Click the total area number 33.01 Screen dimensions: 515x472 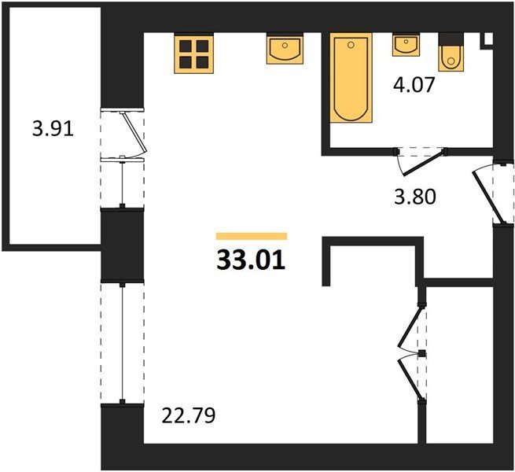coord(251,260)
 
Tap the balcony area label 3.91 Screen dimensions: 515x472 coord(53,128)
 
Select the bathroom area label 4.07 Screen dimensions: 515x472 coord(414,85)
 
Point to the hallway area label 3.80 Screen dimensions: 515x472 coord(415,197)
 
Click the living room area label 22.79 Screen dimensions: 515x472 coord(189,415)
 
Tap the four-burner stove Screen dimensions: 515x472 coord(194,53)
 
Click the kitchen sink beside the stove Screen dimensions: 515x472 coord(285,49)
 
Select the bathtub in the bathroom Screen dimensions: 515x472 coord(351,78)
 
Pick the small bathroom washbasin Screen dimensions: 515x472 coord(406,45)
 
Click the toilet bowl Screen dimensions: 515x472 coord(451,58)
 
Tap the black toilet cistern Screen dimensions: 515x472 coord(451,39)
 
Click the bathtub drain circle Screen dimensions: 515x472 coord(351,45)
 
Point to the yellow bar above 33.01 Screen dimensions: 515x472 coord(252,236)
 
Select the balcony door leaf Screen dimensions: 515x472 coord(134,132)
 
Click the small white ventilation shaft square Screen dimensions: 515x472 coord(488,39)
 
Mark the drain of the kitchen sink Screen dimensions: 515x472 coord(285,46)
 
